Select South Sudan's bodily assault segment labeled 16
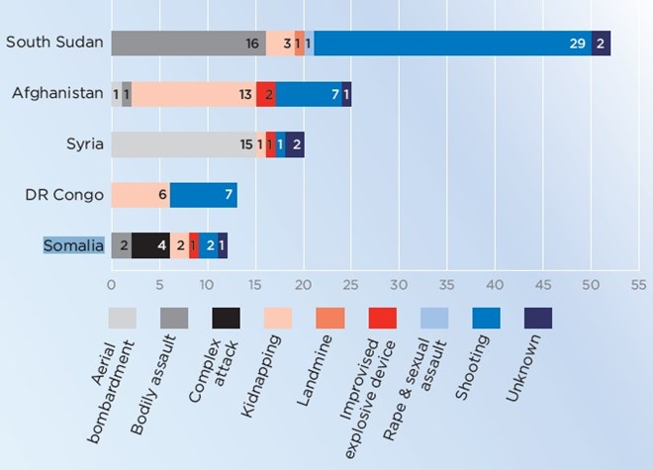pyautogui.click(x=188, y=44)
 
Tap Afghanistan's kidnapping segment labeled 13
pyautogui.click(x=194, y=94)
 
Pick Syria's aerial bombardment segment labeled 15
pyautogui.click(x=183, y=144)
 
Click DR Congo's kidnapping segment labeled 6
pyautogui.click(x=140, y=195)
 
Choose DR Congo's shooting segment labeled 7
pyautogui.click(x=204, y=195)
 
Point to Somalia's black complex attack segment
pyautogui.click(x=149, y=245)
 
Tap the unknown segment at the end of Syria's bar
pyautogui.click(x=295, y=144)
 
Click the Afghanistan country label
pyautogui.click(x=57, y=94)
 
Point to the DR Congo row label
pyautogui.click(x=64, y=195)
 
